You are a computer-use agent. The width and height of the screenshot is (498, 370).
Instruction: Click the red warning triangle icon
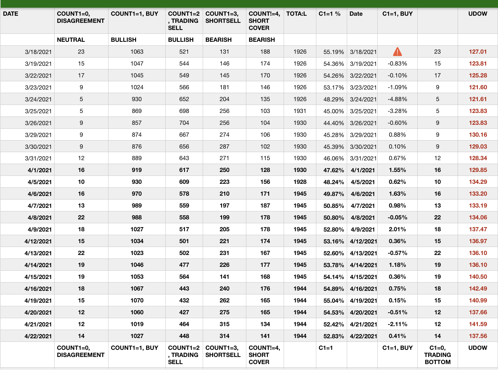point(397,52)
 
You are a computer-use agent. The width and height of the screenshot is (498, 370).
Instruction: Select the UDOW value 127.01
point(478,52)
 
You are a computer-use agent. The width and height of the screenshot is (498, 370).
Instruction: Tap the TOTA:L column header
point(296,14)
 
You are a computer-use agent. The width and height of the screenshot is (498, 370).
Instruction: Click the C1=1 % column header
point(329,14)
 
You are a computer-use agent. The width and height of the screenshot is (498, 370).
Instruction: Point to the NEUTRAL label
point(71,40)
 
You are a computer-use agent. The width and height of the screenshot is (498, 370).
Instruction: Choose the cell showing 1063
point(137,52)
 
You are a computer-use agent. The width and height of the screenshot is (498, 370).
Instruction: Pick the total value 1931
point(300,111)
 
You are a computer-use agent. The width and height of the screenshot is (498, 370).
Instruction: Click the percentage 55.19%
point(333,52)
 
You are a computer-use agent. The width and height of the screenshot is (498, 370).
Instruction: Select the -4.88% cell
point(397,99)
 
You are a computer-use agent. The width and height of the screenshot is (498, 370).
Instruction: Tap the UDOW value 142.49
point(478,288)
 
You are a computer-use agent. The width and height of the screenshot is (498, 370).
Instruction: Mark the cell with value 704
point(184,123)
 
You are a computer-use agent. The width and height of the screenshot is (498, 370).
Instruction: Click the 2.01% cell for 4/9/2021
point(397,229)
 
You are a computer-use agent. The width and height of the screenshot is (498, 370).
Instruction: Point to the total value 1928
point(300,182)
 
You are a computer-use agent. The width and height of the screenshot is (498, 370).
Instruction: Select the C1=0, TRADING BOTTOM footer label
point(437,355)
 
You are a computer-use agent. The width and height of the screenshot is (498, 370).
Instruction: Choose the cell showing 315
point(224,324)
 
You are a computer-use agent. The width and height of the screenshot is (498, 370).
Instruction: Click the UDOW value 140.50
point(478,277)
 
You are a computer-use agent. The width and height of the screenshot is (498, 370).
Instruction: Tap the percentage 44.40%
point(333,123)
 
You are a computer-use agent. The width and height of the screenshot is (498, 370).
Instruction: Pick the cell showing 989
point(137,205)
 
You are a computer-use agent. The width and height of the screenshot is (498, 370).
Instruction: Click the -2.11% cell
point(397,324)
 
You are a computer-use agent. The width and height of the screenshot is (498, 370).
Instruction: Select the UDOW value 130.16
point(478,135)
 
